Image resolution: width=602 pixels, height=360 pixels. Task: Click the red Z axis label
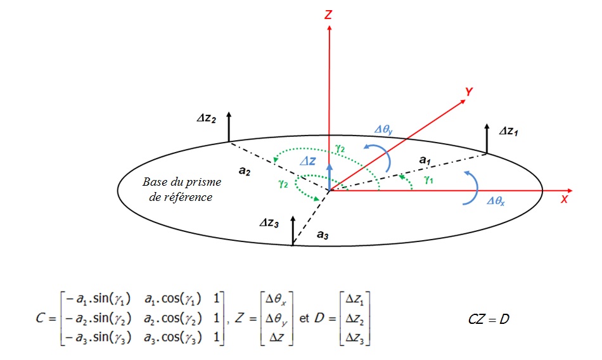[x=328, y=14]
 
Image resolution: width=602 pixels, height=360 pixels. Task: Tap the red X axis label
[x=564, y=199]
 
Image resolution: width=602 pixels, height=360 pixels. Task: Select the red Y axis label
[x=468, y=92]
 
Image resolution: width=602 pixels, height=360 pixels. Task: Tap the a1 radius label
[x=425, y=161]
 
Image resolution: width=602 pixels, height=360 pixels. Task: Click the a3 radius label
[x=323, y=235]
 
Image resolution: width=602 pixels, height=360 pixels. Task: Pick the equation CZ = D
[x=486, y=318]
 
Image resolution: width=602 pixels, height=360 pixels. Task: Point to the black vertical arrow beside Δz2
[x=229, y=126]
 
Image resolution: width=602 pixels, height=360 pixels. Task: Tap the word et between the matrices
[x=304, y=318]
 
